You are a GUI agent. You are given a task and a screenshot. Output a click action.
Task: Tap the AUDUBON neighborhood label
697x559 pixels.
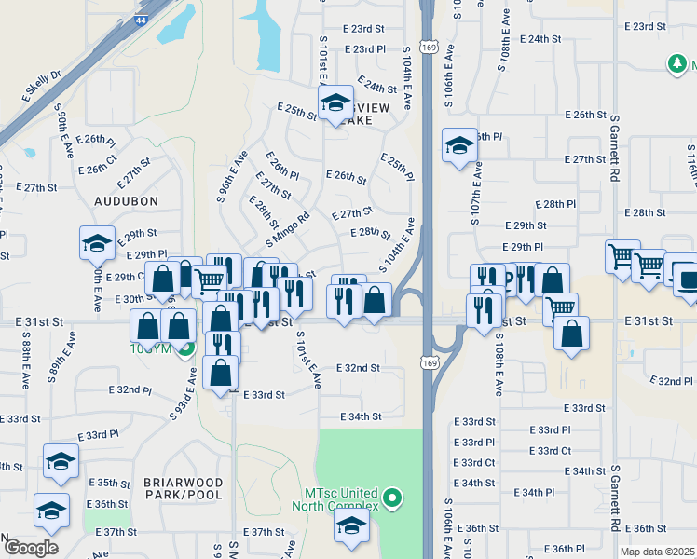click(x=126, y=200)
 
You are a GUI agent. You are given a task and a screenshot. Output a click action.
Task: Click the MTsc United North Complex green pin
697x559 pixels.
click(x=392, y=498)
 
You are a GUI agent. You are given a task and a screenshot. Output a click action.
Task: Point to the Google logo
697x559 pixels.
click(x=31, y=547)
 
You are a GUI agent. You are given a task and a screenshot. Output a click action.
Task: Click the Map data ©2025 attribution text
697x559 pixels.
click(x=657, y=552)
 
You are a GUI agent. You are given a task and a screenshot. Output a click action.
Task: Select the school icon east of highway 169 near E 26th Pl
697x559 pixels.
click(x=459, y=145)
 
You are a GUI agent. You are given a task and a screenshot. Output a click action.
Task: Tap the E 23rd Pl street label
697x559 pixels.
click(x=364, y=48)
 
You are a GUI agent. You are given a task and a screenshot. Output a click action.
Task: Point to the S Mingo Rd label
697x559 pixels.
click(x=287, y=229)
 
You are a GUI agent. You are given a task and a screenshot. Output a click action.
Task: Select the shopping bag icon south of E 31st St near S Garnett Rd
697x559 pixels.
click(x=571, y=333)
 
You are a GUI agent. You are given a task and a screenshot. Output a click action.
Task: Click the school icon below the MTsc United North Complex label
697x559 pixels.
click(x=350, y=527)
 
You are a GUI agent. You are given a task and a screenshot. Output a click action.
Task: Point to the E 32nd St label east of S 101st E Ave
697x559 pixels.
click(x=358, y=368)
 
